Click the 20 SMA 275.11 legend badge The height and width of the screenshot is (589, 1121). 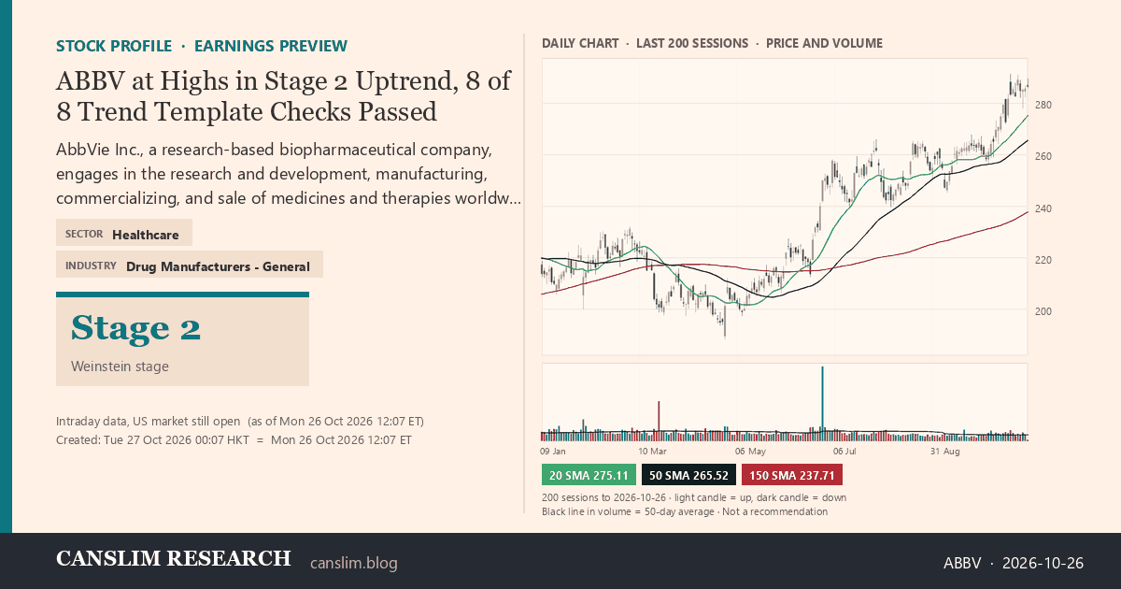click(x=589, y=475)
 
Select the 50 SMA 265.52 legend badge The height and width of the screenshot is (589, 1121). click(x=688, y=475)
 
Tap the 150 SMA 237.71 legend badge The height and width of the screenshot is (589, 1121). click(x=792, y=475)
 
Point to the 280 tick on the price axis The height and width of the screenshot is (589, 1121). click(x=1043, y=105)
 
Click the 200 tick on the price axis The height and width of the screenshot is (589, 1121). click(x=1043, y=311)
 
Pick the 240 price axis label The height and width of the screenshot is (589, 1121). click(x=1043, y=208)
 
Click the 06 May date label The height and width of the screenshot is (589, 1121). click(x=750, y=452)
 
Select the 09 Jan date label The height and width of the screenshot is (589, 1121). click(x=553, y=452)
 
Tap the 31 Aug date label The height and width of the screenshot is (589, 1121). click(x=944, y=452)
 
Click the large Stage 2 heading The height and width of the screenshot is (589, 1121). click(x=135, y=328)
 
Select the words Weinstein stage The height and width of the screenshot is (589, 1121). click(x=120, y=366)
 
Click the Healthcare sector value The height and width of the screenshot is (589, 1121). click(x=145, y=235)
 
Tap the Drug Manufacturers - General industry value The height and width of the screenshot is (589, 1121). click(x=218, y=266)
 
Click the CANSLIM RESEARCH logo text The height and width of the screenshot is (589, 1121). click(x=173, y=558)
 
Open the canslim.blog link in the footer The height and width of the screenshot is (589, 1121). click(x=354, y=563)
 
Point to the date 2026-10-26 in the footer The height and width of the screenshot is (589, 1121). click(x=1043, y=563)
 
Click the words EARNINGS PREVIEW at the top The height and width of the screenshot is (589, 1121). click(x=271, y=46)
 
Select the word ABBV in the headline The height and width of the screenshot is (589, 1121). click(x=90, y=80)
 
